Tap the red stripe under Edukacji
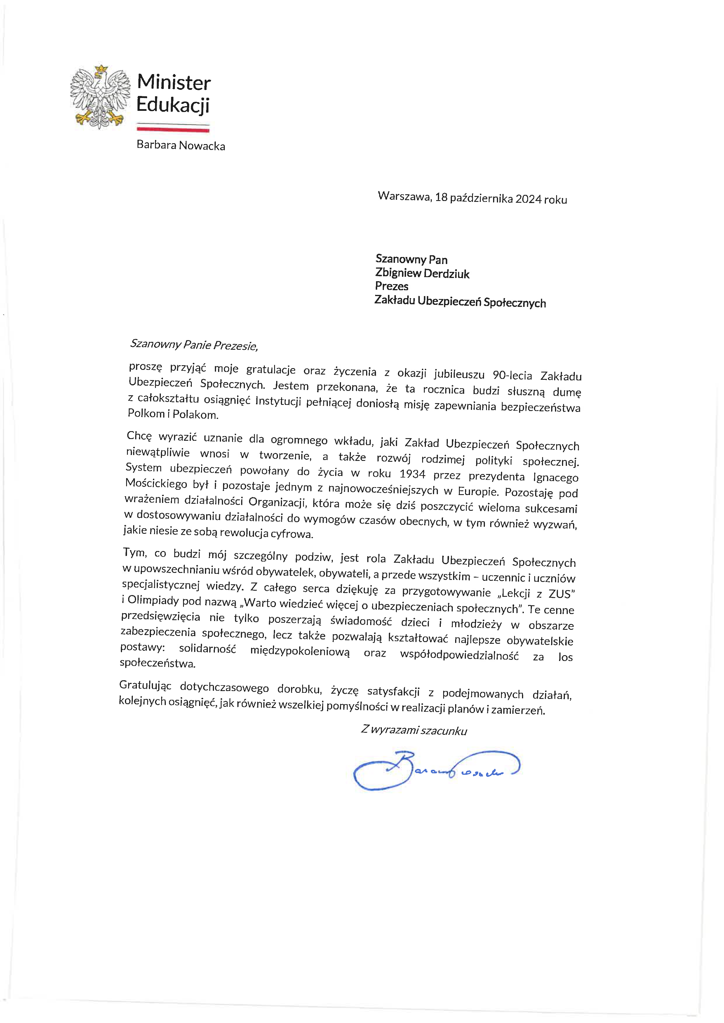pyautogui.click(x=173, y=130)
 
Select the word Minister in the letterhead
pyautogui.click(x=174, y=83)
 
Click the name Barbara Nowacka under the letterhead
pyautogui.click(x=180, y=146)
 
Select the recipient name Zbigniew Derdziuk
pyautogui.click(x=422, y=273)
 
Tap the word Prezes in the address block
pyautogui.click(x=391, y=286)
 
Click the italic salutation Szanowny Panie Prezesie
pyautogui.click(x=194, y=345)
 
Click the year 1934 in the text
pyautogui.click(x=413, y=474)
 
